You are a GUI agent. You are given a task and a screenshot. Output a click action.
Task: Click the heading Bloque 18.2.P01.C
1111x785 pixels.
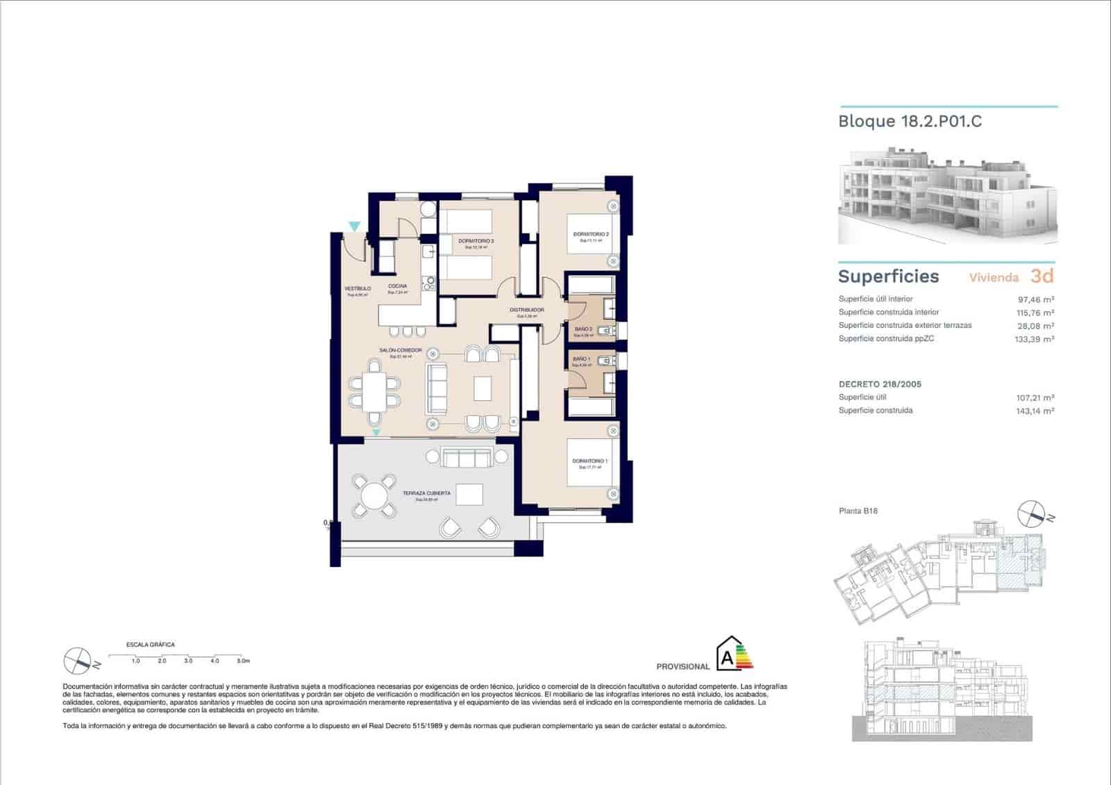point(910,121)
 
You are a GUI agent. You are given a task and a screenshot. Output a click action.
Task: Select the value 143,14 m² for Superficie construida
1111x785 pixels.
point(1035,411)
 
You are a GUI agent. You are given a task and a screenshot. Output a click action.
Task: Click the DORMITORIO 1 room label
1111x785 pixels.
point(590,461)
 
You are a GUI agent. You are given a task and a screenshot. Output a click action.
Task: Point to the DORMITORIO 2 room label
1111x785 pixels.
point(591,234)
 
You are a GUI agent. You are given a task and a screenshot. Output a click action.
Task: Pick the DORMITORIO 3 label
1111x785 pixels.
point(476,241)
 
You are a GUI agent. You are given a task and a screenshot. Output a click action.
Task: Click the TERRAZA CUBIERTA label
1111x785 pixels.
point(426,493)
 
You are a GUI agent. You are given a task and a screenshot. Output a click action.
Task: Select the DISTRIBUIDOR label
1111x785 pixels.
point(526,310)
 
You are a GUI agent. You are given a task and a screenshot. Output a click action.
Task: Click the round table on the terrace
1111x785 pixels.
point(374,495)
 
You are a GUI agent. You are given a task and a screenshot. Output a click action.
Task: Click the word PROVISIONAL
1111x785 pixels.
point(683,667)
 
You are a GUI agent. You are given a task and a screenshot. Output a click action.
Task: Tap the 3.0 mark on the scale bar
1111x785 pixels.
point(188,661)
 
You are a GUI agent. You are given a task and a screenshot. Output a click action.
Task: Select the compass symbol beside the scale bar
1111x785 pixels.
point(77,661)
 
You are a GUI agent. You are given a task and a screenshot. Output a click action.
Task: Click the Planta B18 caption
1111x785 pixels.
point(858,511)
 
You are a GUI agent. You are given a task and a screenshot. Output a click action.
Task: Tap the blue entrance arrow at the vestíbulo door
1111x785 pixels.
point(354,226)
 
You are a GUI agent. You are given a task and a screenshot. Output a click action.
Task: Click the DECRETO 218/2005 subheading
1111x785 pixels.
point(880,384)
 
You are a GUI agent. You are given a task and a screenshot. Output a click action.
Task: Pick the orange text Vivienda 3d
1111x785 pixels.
point(1011,276)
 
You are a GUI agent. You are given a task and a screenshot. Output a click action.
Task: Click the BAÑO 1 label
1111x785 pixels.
point(581,358)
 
